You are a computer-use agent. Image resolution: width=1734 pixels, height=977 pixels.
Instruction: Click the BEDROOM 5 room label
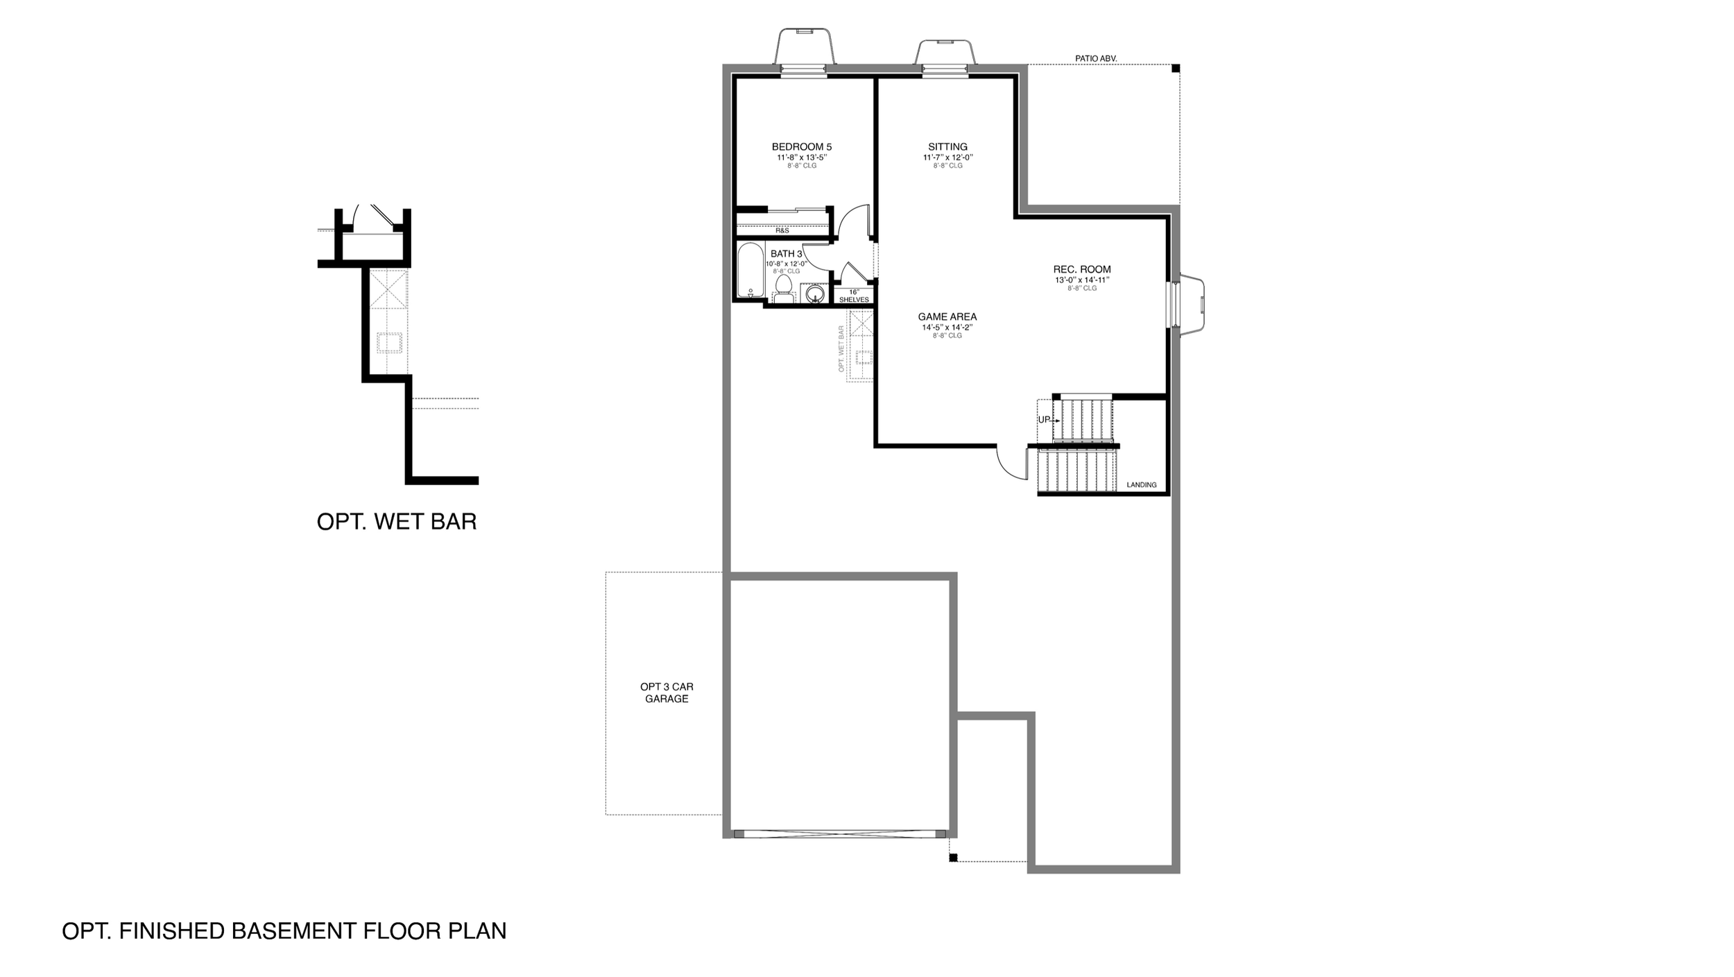click(x=802, y=147)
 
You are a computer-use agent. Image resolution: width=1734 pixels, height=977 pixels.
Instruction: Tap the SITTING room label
click(x=947, y=147)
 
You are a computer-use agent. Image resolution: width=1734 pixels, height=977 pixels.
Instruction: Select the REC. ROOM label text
click(x=1082, y=269)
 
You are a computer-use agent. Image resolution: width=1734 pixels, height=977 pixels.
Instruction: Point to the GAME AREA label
click(x=947, y=317)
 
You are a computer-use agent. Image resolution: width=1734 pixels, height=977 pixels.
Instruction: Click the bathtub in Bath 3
click(x=750, y=271)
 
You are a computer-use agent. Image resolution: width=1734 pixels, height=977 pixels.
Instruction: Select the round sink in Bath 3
click(x=816, y=294)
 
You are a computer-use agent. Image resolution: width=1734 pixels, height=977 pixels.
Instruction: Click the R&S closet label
click(x=782, y=230)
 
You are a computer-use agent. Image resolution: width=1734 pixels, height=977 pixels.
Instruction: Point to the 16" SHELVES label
click(x=854, y=296)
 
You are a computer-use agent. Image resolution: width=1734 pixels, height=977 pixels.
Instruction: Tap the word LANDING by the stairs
click(x=1142, y=485)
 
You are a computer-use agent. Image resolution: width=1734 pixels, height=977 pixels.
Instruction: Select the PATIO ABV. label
click(x=1096, y=59)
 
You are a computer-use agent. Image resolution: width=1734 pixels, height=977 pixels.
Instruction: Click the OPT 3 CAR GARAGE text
click(x=667, y=693)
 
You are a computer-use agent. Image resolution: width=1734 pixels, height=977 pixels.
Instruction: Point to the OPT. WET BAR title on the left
click(x=397, y=522)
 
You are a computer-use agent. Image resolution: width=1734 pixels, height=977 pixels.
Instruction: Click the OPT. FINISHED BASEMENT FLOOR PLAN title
click(x=284, y=931)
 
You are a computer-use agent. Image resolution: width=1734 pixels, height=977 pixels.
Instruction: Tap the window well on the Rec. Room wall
click(x=1189, y=304)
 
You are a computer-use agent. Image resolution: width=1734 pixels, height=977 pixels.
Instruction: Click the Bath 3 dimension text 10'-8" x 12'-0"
click(x=787, y=264)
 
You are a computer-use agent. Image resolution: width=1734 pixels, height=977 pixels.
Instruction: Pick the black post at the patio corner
click(x=1176, y=68)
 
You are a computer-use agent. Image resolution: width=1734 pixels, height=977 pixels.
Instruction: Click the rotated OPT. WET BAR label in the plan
click(x=841, y=349)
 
